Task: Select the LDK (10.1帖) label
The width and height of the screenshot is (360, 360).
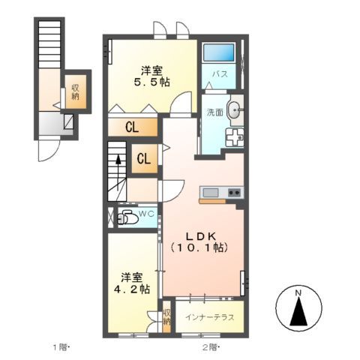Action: point(198,239)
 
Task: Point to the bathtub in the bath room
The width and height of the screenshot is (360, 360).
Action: point(219,53)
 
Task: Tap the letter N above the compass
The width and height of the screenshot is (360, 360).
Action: point(298,292)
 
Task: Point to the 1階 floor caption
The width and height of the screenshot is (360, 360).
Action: point(60,347)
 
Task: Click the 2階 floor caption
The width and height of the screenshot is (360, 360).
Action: point(209,347)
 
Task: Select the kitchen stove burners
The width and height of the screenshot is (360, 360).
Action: point(233,193)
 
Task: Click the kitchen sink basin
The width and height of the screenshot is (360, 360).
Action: point(209,193)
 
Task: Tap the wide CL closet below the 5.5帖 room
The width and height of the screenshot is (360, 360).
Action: point(131,127)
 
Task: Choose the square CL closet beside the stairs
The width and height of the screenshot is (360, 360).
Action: point(145,158)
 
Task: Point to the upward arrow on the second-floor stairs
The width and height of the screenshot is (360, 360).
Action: point(117,161)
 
